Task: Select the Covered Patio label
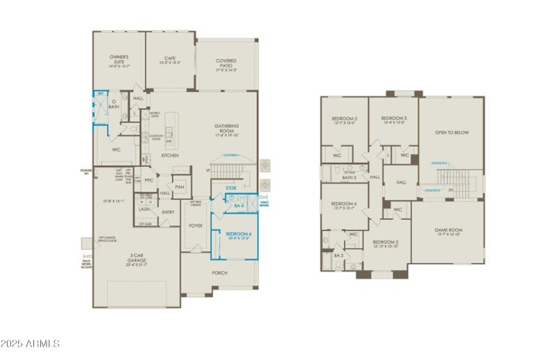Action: pyautogui.click(x=226, y=63)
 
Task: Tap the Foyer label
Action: pyautogui.click(x=196, y=226)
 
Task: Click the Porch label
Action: pyautogui.click(x=219, y=272)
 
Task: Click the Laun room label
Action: pyautogui.click(x=144, y=208)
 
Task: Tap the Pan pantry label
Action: pyautogui.click(x=180, y=187)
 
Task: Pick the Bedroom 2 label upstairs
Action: pyautogui.click(x=345, y=119)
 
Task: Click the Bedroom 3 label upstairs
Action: pyautogui.click(x=394, y=119)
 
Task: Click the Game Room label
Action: pyautogui.click(x=449, y=229)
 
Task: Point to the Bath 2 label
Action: pyautogui.click(x=350, y=178)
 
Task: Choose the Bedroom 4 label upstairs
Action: pyautogui.click(x=345, y=204)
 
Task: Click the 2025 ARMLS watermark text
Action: pyautogui.click(x=31, y=343)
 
